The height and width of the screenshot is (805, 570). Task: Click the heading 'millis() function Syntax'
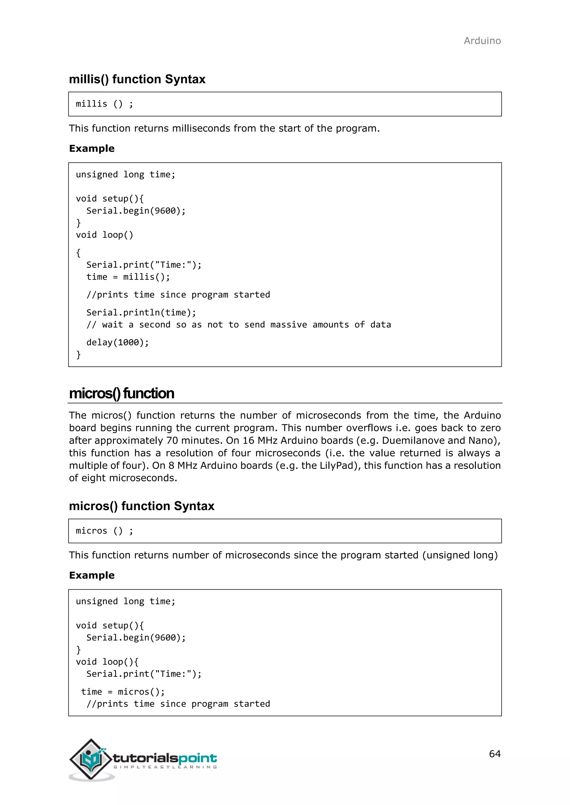click(x=137, y=79)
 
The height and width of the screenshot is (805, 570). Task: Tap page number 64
click(x=495, y=754)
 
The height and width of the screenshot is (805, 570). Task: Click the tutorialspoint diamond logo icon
click(x=91, y=759)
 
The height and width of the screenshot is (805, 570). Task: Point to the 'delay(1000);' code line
click(x=117, y=342)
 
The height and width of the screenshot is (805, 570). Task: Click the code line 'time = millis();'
click(x=128, y=277)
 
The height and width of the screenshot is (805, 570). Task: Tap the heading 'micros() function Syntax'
click(x=141, y=506)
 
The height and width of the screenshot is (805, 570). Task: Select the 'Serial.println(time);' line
click(x=141, y=312)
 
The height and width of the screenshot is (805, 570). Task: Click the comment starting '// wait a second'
click(x=239, y=324)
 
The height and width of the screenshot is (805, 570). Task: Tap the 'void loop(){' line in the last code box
click(x=107, y=662)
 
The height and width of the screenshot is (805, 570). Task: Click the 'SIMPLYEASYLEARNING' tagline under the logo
click(x=165, y=767)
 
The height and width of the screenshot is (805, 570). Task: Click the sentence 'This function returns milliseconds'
click(x=224, y=128)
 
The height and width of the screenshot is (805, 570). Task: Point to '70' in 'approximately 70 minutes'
click(x=172, y=440)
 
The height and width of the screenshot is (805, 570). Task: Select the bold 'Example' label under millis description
click(x=92, y=148)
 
